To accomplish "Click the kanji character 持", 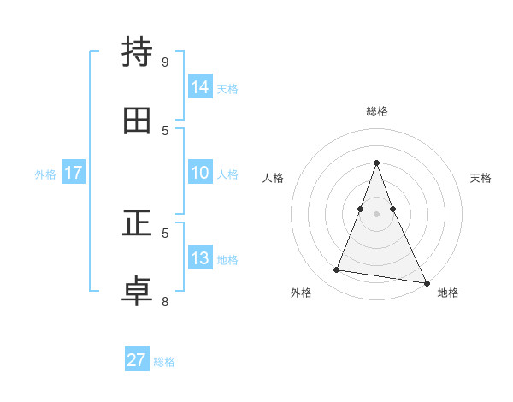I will (137, 52).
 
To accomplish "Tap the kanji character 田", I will (137, 121).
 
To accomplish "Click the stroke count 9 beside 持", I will (165, 62).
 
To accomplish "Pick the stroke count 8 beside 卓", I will (165, 301).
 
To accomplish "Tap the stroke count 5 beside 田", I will (165, 130).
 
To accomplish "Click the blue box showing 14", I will (200, 86).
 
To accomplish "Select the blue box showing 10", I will (200, 173).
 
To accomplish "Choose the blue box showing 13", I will (200, 258).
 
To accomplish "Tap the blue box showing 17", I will (74, 173).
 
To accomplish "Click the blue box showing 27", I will (137, 360).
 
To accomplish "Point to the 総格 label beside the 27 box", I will (164, 362).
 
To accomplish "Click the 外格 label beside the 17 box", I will (45, 174).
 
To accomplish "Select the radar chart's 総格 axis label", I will (376, 111).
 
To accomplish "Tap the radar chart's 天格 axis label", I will (481, 178).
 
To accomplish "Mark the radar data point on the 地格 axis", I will (426, 282).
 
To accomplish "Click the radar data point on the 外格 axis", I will (336, 270).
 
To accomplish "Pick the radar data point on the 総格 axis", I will (376, 163).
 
